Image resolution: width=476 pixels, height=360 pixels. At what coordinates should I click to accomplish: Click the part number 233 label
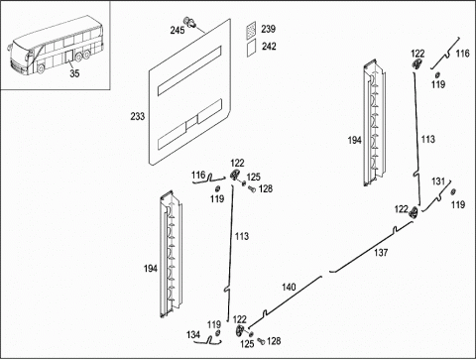[x=138, y=116]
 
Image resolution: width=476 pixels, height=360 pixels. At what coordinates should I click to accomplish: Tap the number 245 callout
[x=178, y=30]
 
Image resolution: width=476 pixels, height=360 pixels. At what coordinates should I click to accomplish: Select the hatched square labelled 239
[x=251, y=29]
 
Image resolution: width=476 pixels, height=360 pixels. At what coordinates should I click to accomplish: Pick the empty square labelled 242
[x=252, y=49]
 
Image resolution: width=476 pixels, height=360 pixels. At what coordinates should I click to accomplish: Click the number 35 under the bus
[x=74, y=73]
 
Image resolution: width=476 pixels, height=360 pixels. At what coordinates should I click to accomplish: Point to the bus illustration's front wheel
[x=41, y=68]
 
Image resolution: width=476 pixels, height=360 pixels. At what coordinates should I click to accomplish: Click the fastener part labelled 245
[x=190, y=21]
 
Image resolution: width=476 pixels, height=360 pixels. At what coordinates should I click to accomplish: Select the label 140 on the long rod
[x=289, y=287]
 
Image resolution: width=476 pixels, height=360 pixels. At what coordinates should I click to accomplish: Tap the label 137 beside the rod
[x=381, y=253]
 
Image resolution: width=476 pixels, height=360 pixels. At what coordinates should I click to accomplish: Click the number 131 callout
[x=438, y=181]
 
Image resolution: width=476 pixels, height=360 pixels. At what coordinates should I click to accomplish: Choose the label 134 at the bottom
[x=193, y=334]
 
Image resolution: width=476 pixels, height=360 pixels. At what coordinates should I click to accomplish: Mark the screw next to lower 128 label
[x=261, y=341]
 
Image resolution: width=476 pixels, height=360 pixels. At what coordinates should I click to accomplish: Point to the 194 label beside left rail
[x=151, y=269]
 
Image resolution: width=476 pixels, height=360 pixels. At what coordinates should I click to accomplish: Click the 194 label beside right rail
[x=354, y=140]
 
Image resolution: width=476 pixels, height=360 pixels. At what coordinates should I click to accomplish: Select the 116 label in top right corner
[x=462, y=54]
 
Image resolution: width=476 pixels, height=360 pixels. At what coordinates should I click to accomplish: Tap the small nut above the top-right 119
[x=437, y=74]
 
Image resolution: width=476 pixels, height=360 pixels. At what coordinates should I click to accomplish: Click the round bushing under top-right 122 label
[x=417, y=63]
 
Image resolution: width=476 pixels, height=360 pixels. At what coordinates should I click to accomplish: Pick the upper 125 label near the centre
[x=254, y=178]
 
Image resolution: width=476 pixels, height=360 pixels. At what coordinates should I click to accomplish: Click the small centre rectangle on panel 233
[x=191, y=123]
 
